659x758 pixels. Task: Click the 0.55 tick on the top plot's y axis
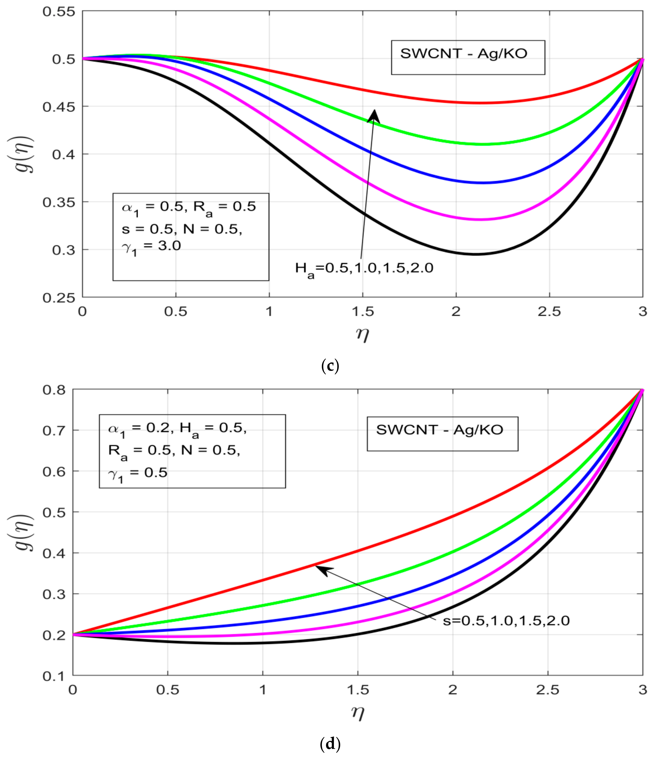(x=59, y=11)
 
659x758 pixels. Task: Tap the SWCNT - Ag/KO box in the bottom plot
(x=442, y=434)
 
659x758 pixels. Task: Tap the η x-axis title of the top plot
(x=362, y=334)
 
